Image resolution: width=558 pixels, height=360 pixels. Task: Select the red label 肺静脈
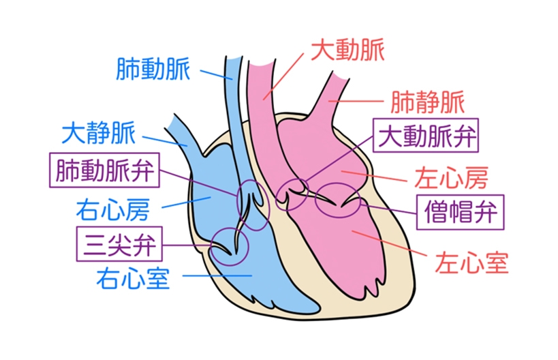(x=427, y=103)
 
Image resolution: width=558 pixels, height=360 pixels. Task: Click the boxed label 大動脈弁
(x=428, y=137)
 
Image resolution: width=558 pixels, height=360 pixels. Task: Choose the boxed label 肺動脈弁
(x=106, y=169)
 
